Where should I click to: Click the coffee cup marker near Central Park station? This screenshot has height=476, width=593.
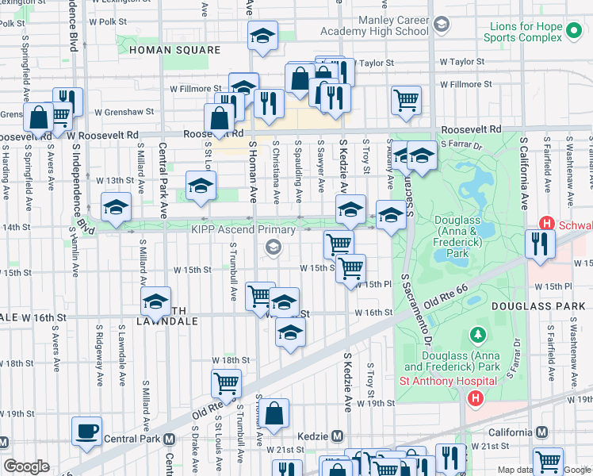(86, 431)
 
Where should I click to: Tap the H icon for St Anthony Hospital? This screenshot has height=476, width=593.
(475, 397)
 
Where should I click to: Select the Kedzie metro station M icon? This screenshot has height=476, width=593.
(338, 436)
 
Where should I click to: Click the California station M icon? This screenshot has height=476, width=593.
(541, 432)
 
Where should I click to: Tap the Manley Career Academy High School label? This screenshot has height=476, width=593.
(373, 25)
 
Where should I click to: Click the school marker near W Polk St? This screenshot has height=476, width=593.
(262, 35)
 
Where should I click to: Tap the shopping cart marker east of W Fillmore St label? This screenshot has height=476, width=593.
(406, 100)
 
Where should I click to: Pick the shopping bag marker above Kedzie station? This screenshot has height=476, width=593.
(274, 413)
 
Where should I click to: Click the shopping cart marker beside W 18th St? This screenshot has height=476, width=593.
(226, 384)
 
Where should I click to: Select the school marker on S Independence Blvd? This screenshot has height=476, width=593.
(117, 206)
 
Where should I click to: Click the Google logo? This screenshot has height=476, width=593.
(26, 466)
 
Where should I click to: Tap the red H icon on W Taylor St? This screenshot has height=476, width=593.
(477, 62)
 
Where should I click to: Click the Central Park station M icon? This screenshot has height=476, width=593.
(169, 439)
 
